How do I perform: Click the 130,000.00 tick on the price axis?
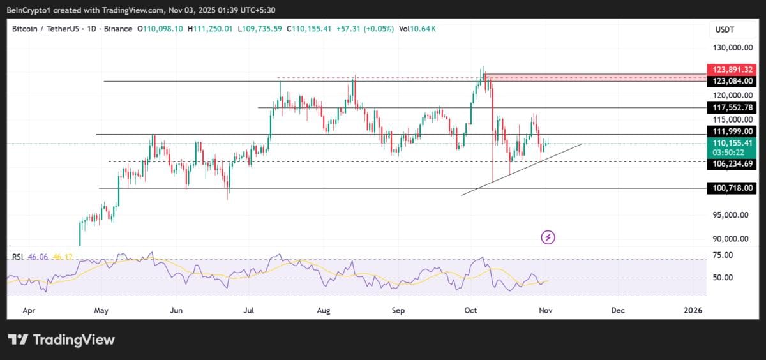[731, 48]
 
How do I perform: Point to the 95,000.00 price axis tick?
[731, 215]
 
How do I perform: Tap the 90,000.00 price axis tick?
[731, 239]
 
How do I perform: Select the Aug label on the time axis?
[324, 310]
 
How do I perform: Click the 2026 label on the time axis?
[692, 310]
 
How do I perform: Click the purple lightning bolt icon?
[548, 237]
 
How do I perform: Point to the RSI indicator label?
[19, 257]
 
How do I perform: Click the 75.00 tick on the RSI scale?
[723, 255]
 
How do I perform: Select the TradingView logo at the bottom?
[61, 340]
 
